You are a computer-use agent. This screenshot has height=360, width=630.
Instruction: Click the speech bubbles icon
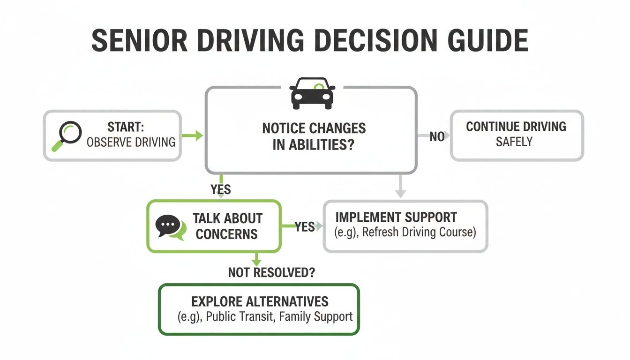[x=169, y=227]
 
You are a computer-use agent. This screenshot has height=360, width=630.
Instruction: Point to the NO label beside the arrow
[x=437, y=137]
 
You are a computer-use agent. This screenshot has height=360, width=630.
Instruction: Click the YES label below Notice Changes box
[x=221, y=189]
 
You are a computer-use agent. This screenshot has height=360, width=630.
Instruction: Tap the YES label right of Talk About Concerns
[x=305, y=227]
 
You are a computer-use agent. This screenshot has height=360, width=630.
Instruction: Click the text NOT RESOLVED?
[x=271, y=272]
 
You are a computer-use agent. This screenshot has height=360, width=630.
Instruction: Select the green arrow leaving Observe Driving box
[x=192, y=136]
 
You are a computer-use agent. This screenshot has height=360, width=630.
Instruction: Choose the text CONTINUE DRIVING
[x=516, y=127]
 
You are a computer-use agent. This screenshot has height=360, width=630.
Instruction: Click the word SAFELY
[x=514, y=142]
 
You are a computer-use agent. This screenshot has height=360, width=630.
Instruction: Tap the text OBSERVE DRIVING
[x=131, y=142]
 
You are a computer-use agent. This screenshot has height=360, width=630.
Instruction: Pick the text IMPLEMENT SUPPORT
[x=396, y=217]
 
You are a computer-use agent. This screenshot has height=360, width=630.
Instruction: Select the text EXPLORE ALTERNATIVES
[x=260, y=301]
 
